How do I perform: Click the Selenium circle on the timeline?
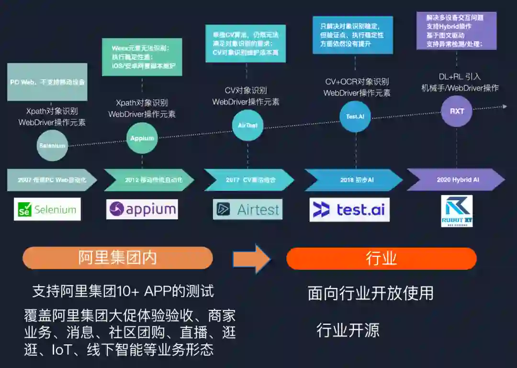coord(52,145)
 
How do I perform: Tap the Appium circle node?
coord(142,138)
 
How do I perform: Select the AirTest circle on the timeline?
coord(247,125)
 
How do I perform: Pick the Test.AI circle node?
coord(355,116)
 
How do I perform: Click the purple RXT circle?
coord(457,111)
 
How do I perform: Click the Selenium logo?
coord(47,209)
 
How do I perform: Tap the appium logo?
coord(142,209)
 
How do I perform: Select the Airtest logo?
coord(247,209)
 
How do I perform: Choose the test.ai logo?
coord(349,209)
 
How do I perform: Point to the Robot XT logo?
coord(456,211)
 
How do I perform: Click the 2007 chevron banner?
coord(50,180)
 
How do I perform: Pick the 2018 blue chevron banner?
coord(354,180)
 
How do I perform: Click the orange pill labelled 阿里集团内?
coord(118,258)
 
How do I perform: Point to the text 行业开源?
coord(348,330)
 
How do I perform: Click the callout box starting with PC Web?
coord(47,82)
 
